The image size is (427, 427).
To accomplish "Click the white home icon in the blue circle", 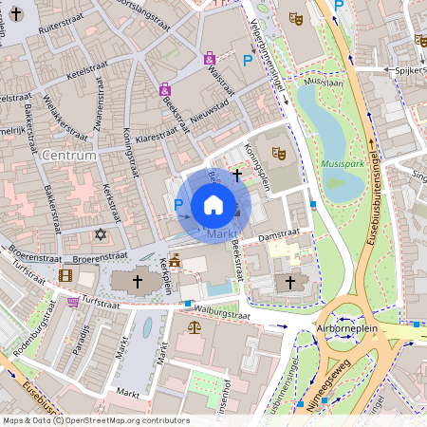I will [x=213, y=204].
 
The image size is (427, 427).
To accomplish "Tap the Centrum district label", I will [x=69, y=155].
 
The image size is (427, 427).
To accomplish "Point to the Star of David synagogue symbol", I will [x=101, y=233].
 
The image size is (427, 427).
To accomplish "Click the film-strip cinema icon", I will [x=65, y=275].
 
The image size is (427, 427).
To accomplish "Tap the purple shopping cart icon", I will [x=73, y=302].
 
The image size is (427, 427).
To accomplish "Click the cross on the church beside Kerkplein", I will [x=137, y=282].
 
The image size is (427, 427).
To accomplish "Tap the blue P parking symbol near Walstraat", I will [x=248, y=61].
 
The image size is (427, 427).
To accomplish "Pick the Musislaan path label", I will [x=325, y=83].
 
